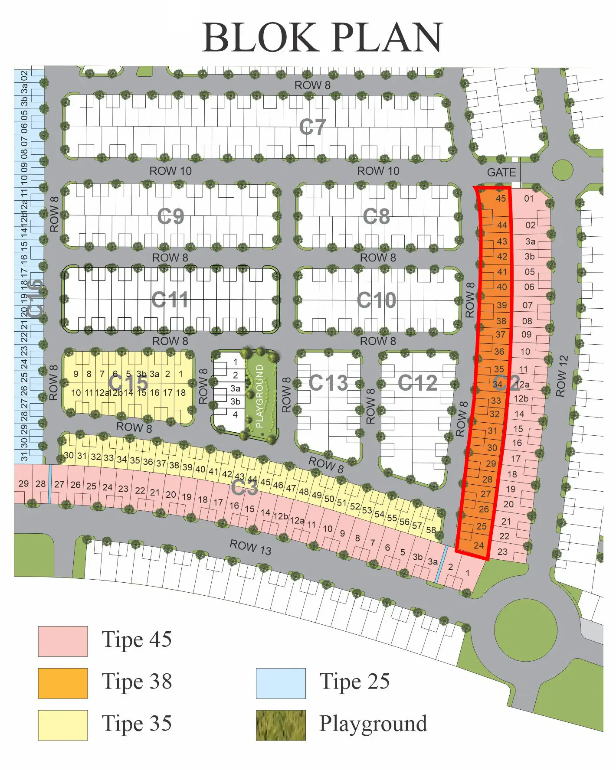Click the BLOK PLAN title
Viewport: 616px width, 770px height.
(322, 37)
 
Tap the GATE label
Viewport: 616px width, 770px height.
(501, 173)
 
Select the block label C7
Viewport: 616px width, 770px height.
(312, 127)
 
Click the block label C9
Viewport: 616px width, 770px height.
(170, 216)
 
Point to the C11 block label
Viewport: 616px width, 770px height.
(170, 300)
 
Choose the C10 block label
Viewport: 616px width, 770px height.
(377, 300)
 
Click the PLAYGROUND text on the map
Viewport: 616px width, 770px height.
(259, 396)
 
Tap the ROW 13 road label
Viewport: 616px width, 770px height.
(250, 547)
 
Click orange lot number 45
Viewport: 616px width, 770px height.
(501, 199)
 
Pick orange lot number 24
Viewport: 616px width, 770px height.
(478, 545)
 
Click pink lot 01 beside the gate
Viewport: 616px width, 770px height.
(529, 199)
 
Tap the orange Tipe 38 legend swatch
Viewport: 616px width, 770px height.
(62, 683)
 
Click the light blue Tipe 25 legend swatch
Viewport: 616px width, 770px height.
(281, 683)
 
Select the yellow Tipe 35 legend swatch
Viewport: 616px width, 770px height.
(62, 725)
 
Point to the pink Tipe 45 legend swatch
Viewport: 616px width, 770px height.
(62, 641)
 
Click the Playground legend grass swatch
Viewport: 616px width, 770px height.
(281, 725)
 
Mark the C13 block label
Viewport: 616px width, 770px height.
(328, 383)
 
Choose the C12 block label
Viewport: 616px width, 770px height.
(418, 383)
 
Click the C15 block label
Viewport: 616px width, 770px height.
(128, 383)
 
